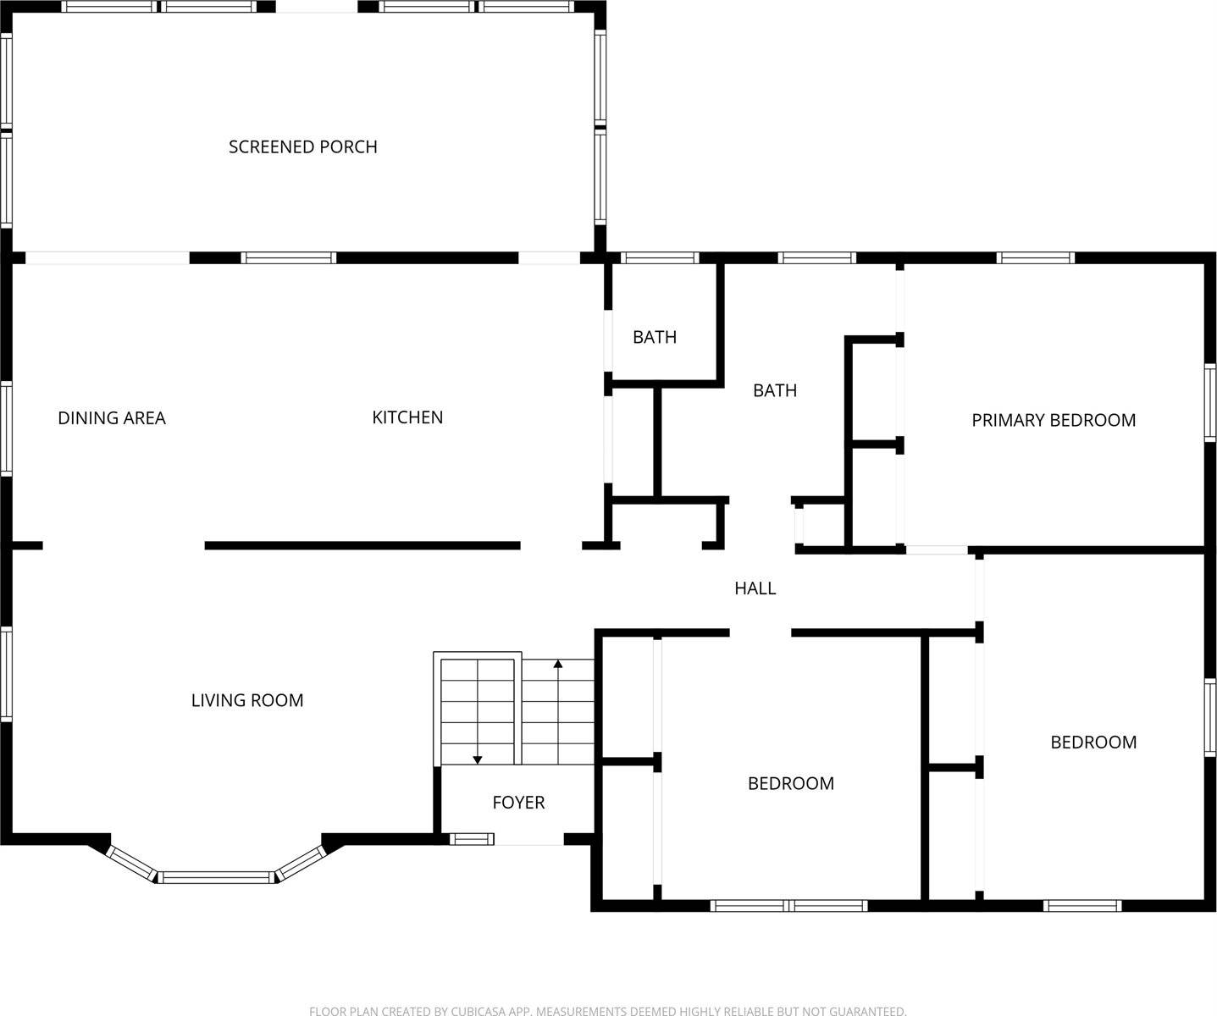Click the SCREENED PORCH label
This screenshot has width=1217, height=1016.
302,147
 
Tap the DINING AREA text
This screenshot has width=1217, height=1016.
111,418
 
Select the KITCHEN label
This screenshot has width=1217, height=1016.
407,417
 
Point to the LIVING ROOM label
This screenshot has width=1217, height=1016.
246,700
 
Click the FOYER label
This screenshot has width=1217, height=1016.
518,803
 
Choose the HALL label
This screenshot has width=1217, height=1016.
755,588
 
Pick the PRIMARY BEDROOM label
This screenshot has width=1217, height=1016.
1053,420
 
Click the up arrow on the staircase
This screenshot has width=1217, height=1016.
558,664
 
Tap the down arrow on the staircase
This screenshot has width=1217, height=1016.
478,759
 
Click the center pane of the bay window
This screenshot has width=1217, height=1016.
216,878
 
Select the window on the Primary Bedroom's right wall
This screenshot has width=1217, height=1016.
1210,402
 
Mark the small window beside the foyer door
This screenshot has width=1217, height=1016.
471,839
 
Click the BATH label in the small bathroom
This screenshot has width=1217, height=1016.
655,337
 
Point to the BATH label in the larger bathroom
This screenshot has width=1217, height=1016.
775,390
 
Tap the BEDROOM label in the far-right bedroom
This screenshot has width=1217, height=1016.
1093,743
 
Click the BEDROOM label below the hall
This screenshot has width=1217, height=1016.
790,784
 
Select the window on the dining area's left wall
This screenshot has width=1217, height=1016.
6,428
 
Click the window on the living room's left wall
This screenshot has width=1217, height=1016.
6,673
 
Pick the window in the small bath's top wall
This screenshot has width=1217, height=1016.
659,257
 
